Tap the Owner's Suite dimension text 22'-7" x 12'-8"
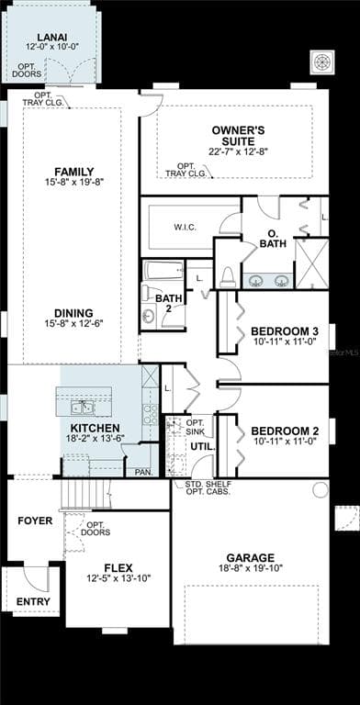point(238,151)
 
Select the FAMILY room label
point(74,172)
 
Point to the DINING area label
point(73,313)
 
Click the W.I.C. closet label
point(185,227)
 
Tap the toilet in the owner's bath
point(228,278)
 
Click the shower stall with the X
point(311,263)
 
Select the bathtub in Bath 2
point(163,271)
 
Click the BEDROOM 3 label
point(285,331)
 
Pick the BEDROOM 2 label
point(285,431)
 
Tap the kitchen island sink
point(83,408)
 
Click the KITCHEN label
point(95,428)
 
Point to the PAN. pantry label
point(144,473)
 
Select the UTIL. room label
point(203,448)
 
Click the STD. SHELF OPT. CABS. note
point(208,487)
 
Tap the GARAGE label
point(251,558)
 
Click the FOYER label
point(35,521)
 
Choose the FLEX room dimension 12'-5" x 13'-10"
point(118,577)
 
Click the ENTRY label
point(33,601)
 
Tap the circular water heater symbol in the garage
point(321,489)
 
